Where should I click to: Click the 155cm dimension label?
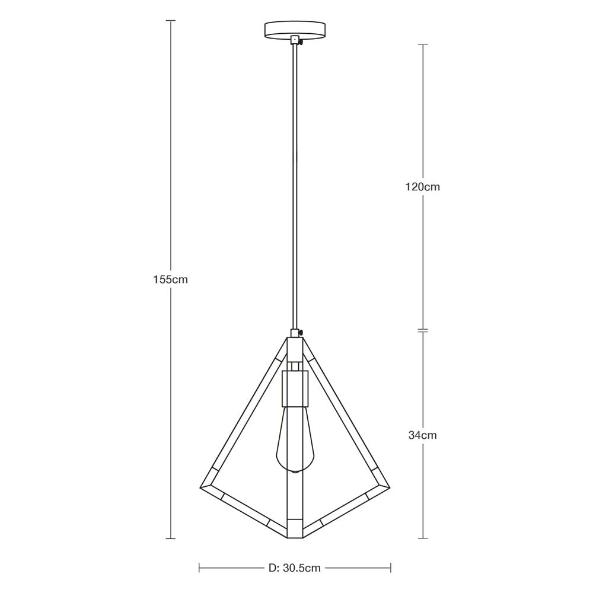tap(170, 279)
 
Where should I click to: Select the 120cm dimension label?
tap(422, 187)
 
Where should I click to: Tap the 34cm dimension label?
tap(422, 435)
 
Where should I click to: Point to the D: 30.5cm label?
tap(294, 568)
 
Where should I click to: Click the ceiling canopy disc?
tap(295, 29)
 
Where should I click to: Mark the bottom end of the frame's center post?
tap(295, 535)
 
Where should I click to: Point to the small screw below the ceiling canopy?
tap(301, 42)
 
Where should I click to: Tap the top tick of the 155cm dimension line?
tap(171, 21)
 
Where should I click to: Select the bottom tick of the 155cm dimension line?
tap(171, 538)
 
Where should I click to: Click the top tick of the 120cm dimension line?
tap(422, 44)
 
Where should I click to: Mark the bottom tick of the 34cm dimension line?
tap(422, 538)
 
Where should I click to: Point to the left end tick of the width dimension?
tap(199, 568)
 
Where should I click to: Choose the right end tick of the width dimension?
tap(391, 568)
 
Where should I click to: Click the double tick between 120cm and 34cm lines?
tap(422, 330)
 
